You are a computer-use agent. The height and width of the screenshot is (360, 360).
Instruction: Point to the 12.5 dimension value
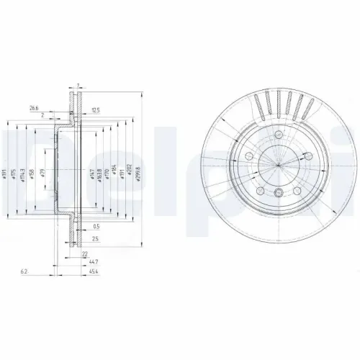pyautogui.click(x=94, y=109)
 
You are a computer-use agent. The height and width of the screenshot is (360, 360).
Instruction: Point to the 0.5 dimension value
pyautogui.click(x=96, y=227)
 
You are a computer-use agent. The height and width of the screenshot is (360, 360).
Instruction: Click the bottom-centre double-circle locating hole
pyautogui.click(x=278, y=191)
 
